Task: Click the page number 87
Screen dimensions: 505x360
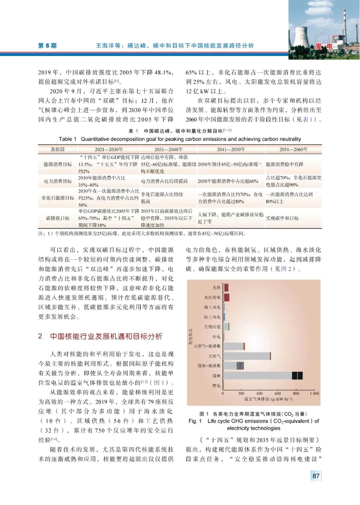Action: [x=316, y=476]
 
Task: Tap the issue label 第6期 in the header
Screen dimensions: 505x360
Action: [x=47, y=46]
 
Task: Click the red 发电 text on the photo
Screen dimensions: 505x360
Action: [x=324, y=46]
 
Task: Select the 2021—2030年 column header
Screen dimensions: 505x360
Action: [x=109, y=149]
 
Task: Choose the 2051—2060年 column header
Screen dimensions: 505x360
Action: [x=293, y=149]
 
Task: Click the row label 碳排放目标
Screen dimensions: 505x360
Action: [x=58, y=218]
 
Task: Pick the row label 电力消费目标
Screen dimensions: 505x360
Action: [x=58, y=181]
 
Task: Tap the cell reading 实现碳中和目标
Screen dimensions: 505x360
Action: [x=282, y=218]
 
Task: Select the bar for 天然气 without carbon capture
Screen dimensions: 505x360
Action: [x=247, y=356]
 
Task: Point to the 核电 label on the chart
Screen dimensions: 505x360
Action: [x=216, y=386]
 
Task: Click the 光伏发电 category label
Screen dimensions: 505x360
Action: [x=212, y=297]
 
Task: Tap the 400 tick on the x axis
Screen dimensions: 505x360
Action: [x=259, y=394]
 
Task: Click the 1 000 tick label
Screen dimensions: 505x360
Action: [x=314, y=394]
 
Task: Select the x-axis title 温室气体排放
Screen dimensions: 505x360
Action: [x=268, y=399]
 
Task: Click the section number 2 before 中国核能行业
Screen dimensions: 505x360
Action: [x=40, y=336]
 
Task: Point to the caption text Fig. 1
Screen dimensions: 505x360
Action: [x=195, y=421]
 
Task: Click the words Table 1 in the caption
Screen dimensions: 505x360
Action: [x=67, y=139]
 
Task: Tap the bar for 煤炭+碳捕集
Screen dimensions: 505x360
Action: [x=233, y=366]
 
